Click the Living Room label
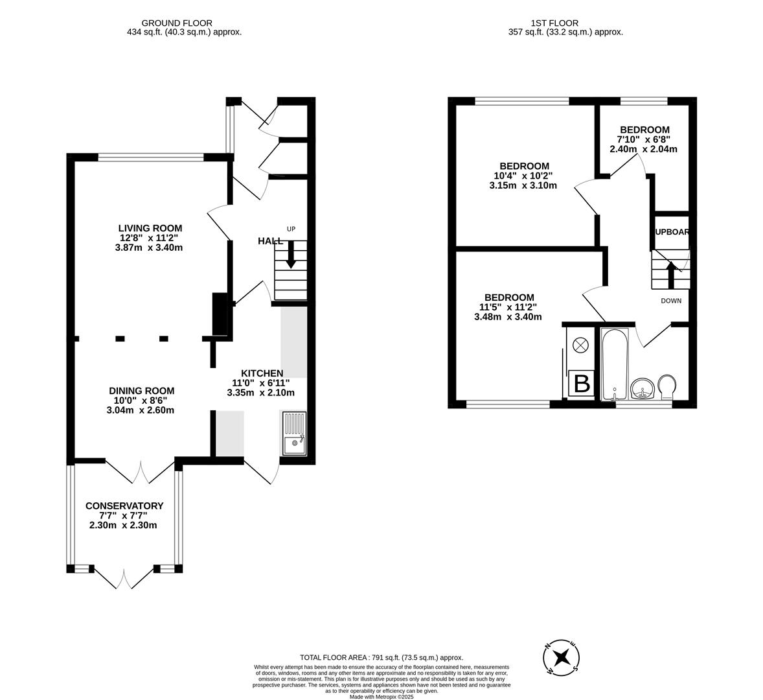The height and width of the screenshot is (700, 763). click(150, 228)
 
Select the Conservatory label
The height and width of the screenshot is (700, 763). click(124, 506)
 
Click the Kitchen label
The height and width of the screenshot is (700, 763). click(262, 373)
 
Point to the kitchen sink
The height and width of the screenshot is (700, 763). click(295, 434)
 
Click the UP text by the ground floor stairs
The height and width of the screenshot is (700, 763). click(291, 229)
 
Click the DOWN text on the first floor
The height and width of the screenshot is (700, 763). click(671, 301)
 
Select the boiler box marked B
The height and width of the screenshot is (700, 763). click(582, 384)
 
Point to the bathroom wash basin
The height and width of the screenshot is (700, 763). click(642, 389)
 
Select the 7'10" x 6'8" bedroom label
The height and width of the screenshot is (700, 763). click(644, 130)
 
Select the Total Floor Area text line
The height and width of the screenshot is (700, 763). click(381, 657)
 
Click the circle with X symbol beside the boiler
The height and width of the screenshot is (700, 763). click(581, 345)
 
